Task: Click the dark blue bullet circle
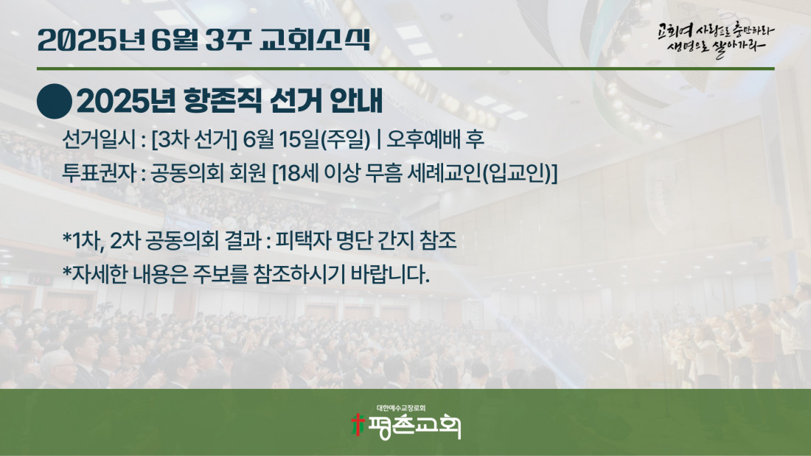point(55,102)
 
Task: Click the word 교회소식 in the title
point(315,40)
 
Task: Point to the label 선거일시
point(99,139)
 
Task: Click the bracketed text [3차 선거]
point(194,139)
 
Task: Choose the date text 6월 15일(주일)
point(307,139)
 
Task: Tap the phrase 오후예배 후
point(436,139)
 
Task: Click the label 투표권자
point(99,173)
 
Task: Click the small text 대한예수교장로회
point(401,408)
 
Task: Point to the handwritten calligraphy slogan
point(716,40)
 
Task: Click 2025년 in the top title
point(91,40)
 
